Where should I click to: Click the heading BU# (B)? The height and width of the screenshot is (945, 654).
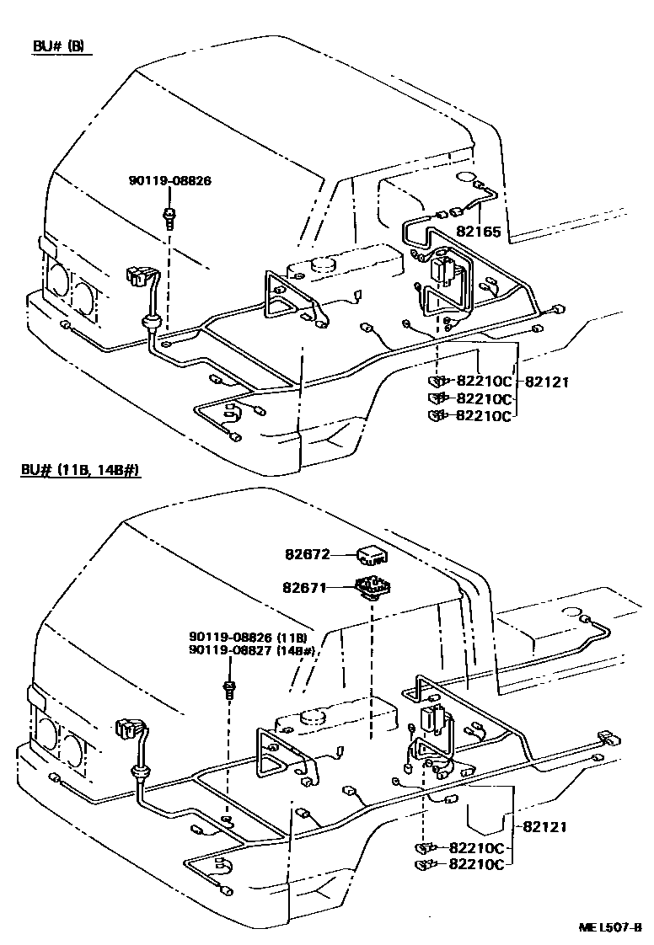click(58, 46)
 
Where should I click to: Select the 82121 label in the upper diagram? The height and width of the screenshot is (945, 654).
click(547, 382)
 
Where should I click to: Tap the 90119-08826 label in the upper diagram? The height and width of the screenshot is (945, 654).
click(170, 180)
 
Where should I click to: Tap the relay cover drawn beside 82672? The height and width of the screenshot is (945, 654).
click(371, 556)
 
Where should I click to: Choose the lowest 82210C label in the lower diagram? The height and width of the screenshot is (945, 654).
click(476, 864)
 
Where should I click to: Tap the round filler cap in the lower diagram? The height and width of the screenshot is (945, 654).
click(313, 716)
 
